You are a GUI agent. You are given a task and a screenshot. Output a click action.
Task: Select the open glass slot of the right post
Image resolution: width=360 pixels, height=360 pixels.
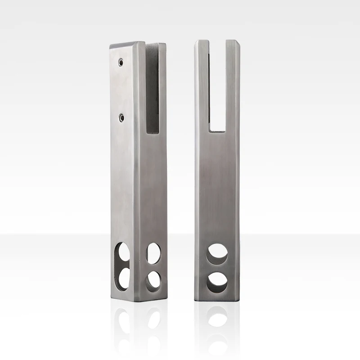(217, 85)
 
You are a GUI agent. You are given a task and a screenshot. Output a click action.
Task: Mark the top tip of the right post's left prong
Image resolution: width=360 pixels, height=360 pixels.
(202, 42)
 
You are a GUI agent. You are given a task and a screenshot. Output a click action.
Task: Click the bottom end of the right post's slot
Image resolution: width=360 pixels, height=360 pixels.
(217, 130)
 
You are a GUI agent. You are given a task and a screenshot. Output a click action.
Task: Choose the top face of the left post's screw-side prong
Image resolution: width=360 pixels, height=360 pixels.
(127, 45)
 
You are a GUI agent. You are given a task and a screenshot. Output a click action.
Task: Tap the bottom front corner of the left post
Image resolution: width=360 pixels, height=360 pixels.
(140, 303)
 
